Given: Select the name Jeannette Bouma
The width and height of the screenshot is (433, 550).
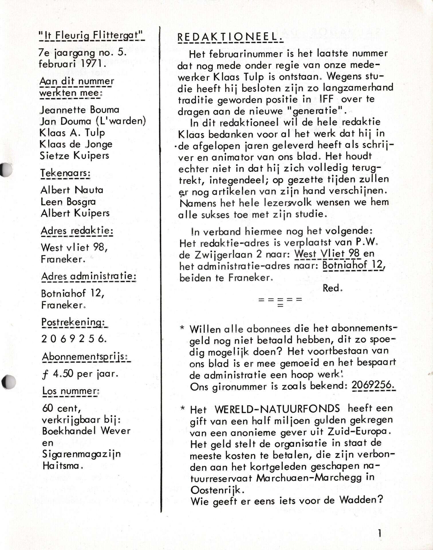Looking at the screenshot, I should pyautogui.click(x=79, y=110).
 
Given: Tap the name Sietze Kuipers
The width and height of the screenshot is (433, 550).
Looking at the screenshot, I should pyautogui.click(x=74, y=156).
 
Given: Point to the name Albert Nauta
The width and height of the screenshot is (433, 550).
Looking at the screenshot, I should pyautogui.click(x=72, y=190).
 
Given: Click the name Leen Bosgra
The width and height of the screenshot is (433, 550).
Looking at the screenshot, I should pyautogui.click(x=68, y=202).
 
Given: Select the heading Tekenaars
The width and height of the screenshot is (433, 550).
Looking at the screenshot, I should pyautogui.click(x=65, y=173).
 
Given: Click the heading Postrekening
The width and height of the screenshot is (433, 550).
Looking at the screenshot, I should pyautogui.click(x=74, y=322).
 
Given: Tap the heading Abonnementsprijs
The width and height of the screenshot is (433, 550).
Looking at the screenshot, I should pyautogui.click(x=85, y=357).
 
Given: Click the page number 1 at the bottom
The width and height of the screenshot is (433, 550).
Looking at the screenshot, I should pyautogui.click(x=379, y=533).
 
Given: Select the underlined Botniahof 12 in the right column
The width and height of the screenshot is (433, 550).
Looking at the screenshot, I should pyautogui.click(x=353, y=265).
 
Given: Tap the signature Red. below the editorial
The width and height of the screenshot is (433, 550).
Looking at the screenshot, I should pyautogui.click(x=332, y=288).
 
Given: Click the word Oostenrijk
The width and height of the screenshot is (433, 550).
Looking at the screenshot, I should pyautogui.click(x=217, y=490).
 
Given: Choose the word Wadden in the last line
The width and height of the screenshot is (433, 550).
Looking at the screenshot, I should pyautogui.click(x=361, y=500).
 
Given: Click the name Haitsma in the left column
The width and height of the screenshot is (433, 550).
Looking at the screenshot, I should pyautogui.click(x=62, y=465).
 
